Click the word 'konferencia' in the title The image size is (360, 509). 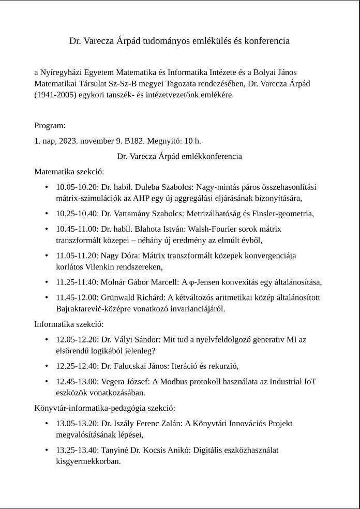point(267,40)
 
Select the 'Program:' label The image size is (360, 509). point(50,126)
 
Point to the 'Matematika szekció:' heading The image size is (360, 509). point(69,171)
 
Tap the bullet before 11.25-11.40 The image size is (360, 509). point(47,282)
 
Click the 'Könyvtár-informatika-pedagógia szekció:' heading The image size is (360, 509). point(104,408)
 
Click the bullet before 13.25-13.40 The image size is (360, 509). point(47,450)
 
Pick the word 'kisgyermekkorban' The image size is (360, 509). point(88,461)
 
